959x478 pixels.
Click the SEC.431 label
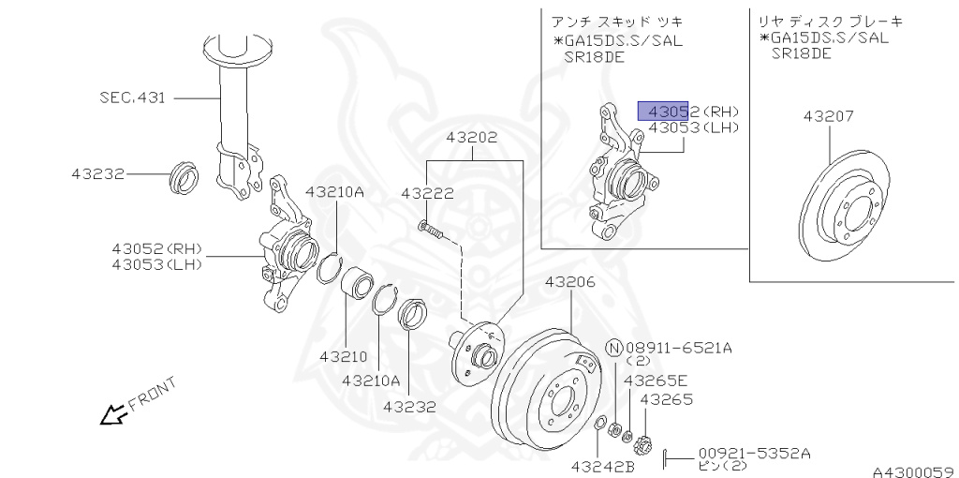click(x=133, y=97)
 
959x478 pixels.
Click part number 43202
click(x=471, y=137)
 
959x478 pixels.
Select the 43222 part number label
click(x=427, y=194)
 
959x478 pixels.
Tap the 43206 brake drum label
click(x=570, y=281)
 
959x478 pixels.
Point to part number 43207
click(x=828, y=117)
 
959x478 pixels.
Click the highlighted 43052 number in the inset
click(x=663, y=111)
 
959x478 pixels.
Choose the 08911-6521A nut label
click(x=678, y=348)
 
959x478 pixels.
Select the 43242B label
click(x=603, y=466)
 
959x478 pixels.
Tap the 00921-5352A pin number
click(x=754, y=454)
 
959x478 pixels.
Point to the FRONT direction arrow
click(x=113, y=413)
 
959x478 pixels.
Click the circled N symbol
click(x=614, y=349)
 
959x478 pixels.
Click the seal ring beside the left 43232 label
click(x=184, y=176)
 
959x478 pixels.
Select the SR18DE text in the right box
click(x=801, y=53)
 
